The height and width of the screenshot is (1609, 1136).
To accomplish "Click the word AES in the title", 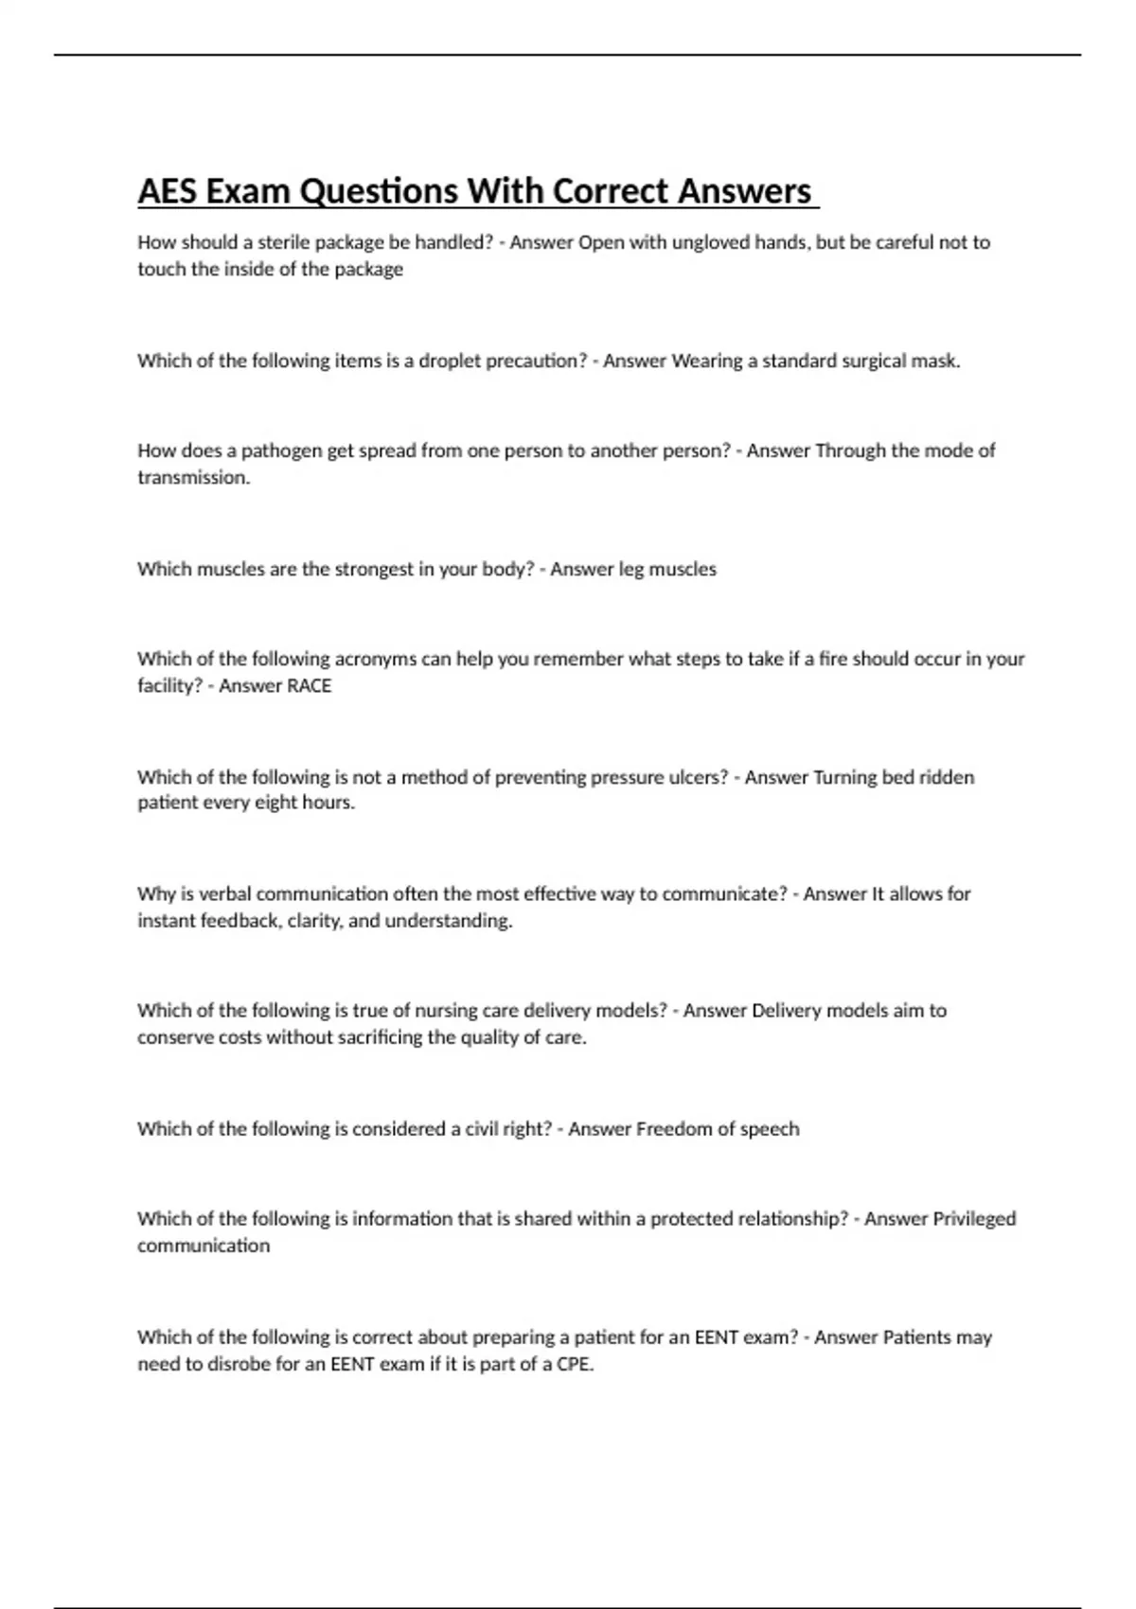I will [167, 191].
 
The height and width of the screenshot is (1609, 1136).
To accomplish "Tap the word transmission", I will [193, 477].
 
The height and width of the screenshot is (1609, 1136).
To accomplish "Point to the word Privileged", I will [974, 1218].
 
